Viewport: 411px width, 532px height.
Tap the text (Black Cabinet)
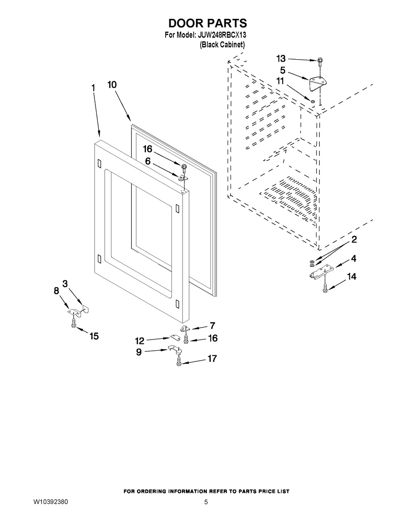pos(222,45)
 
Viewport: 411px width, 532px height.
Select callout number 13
pos(281,59)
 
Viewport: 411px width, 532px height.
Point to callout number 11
pos(280,81)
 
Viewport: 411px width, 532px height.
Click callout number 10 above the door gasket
pos(112,85)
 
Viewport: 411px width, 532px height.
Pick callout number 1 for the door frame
pos(93,88)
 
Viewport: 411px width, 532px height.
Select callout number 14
pos(351,277)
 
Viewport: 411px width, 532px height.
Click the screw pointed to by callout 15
pos(73,324)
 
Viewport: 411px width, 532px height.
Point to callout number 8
pos(57,291)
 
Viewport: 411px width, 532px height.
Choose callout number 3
pos(65,283)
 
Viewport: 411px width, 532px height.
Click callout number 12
pos(140,340)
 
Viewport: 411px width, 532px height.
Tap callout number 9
pos(139,352)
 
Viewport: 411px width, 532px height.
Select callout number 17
pos(212,359)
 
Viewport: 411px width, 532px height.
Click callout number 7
pos(212,326)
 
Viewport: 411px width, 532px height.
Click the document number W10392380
pos(51,502)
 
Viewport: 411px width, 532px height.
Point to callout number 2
pos(354,239)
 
